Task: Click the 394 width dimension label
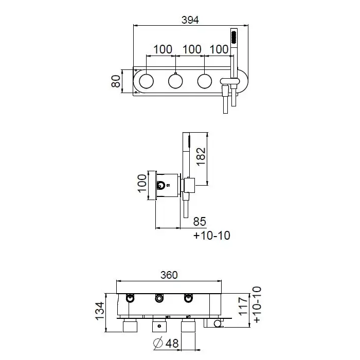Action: pyautogui.click(x=190, y=20)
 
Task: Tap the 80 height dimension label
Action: pyautogui.click(x=116, y=81)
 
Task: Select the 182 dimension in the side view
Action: pyautogui.click(x=201, y=156)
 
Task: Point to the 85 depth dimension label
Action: pyautogui.click(x=200, y=222)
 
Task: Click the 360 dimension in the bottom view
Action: pyautogui.click(x=169, y=275)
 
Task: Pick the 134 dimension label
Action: pyautogui.click(x=100, y=312)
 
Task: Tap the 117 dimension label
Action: pyautogui.click(x=244, y=307)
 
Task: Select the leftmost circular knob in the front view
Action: pyautogui.click(x=146, y=81)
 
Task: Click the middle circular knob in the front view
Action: pyautogui.click(x=175, y=81)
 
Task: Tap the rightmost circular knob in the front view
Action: pyautogui.click(x=204, y=81)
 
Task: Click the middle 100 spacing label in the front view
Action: pyautogui.click(x=192, y=49)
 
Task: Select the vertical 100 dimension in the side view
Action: pyautogui.click(x=142, y=183)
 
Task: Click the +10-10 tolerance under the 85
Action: pyautogui.click(x=212, y=236)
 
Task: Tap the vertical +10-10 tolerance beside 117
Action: pyautogui.click(x=257, y=304)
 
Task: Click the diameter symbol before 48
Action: pyautogui.click(x=158, y=343)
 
